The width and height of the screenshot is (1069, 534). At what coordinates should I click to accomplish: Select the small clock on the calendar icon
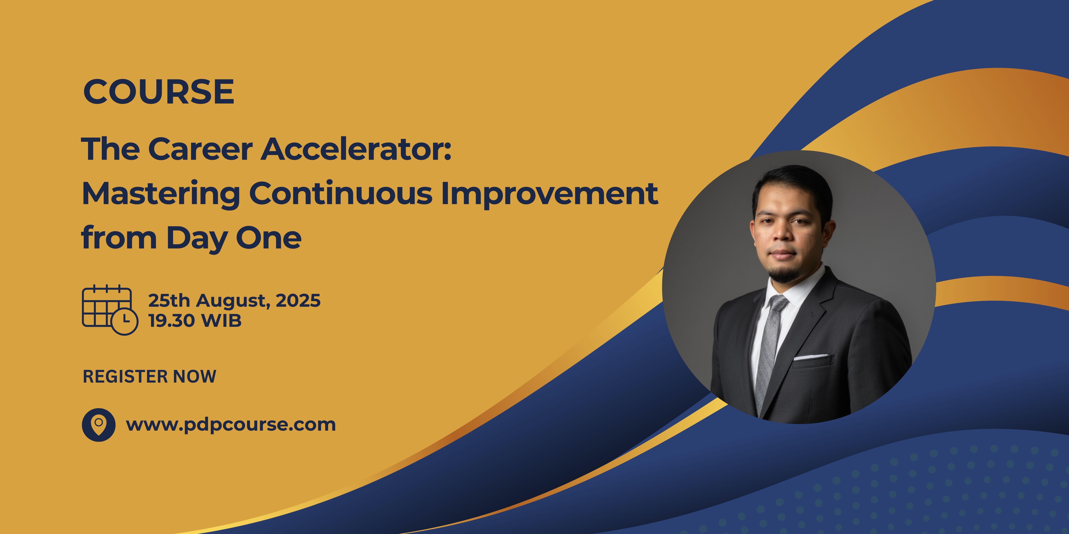click(125, 321)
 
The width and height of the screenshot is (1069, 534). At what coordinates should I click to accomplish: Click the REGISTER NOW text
click(149, 376)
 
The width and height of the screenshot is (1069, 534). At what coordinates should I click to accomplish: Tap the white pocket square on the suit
click(813, 356)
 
